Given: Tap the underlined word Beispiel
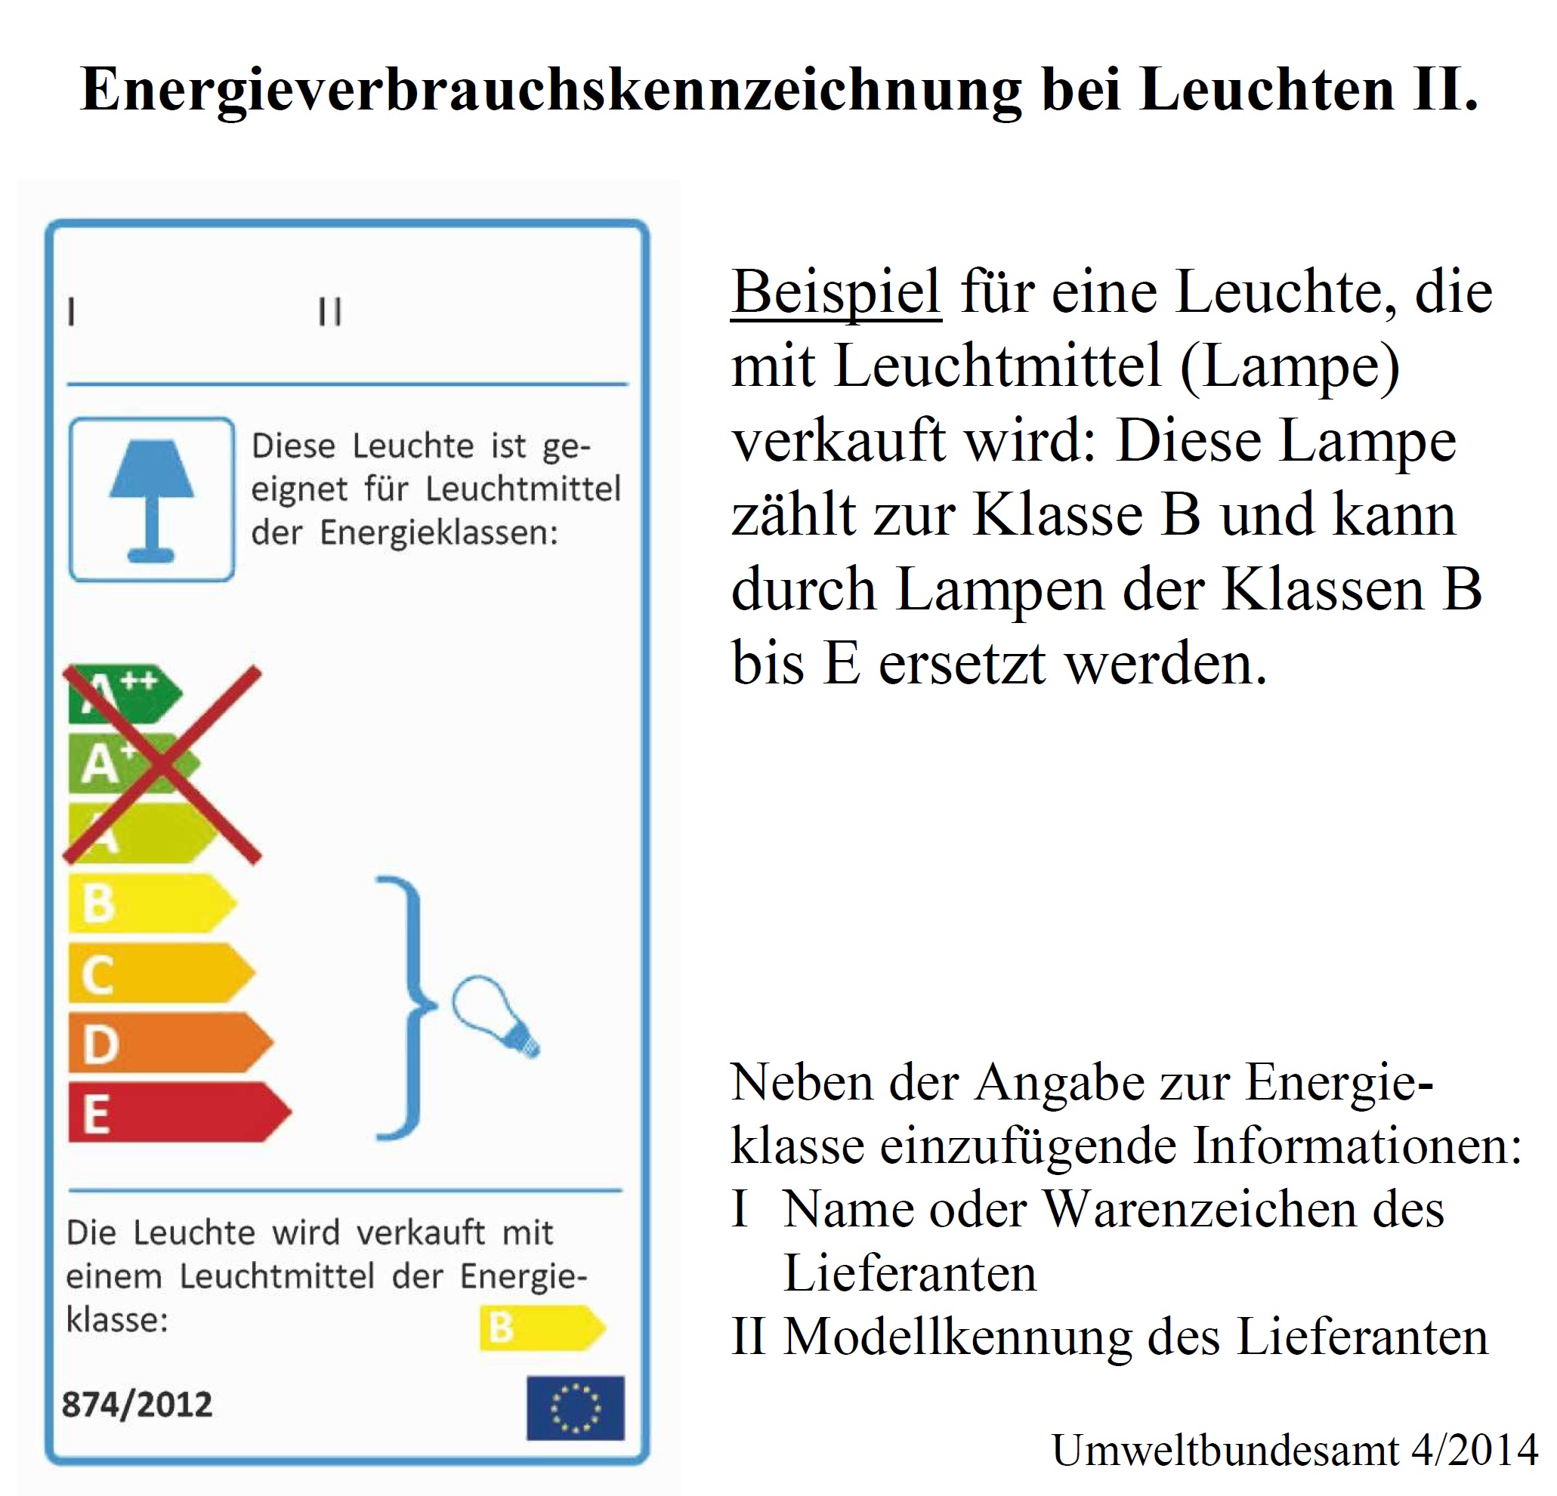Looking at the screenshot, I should coord(836,292).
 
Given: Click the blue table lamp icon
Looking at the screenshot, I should coord(151,499).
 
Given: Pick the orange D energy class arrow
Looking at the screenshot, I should coord(168,1043).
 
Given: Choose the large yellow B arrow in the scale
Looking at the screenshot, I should coord(151,904).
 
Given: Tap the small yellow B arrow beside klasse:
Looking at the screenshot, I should coord(542,1328).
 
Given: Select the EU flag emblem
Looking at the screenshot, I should coord(575,1408).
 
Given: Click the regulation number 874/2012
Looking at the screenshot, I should coord(137,1405).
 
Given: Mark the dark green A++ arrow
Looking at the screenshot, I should coord(123,694).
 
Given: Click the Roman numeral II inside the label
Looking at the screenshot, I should coord(329,311).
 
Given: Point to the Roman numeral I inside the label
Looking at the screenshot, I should coord(72,311).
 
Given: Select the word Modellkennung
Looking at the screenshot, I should coord(958,1337).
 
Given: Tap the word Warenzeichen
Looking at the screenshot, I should coord(1244,1209).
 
